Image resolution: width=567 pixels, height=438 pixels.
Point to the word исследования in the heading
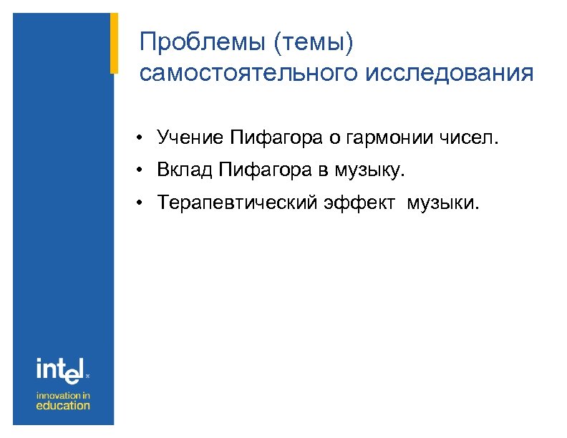(449, 74)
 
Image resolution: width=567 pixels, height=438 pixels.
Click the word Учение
(190, 137)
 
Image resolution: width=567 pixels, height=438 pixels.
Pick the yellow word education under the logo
(64, 406)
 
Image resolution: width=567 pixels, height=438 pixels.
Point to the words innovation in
(64, 394)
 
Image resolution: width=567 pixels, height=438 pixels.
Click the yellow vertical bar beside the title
(114, 42)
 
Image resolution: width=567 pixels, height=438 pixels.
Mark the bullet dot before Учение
(144, 137)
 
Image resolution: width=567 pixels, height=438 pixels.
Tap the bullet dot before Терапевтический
(144, 205)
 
